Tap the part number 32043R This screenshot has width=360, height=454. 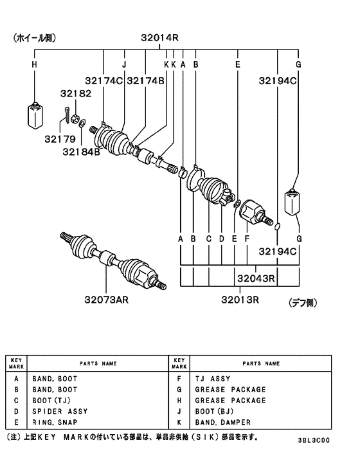pyautogui.click(x=256, y=278)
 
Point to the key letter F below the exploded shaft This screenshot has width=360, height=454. pyautogui.click(x=248, y=239)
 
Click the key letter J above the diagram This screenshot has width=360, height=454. pyautogui.click(x=124, y=65)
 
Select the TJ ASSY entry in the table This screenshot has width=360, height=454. pyautogui.click(x=213, y=379)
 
